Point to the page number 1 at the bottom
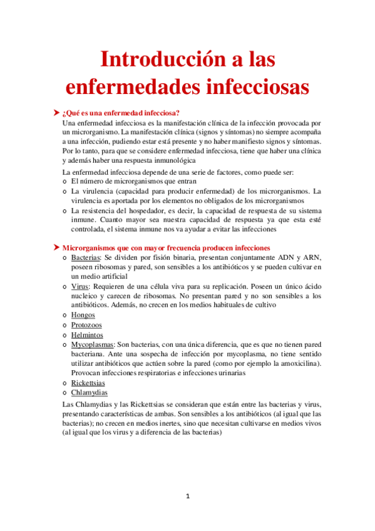[187, 496]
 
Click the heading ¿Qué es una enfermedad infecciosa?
[121, 113]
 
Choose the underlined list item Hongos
[83, 315]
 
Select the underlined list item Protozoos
[86, 325]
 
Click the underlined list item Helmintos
[86, 335]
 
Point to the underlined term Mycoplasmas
[92, 344]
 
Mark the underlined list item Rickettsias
[88, 383]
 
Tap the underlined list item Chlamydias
[89, 393]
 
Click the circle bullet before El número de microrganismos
[65, 182]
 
